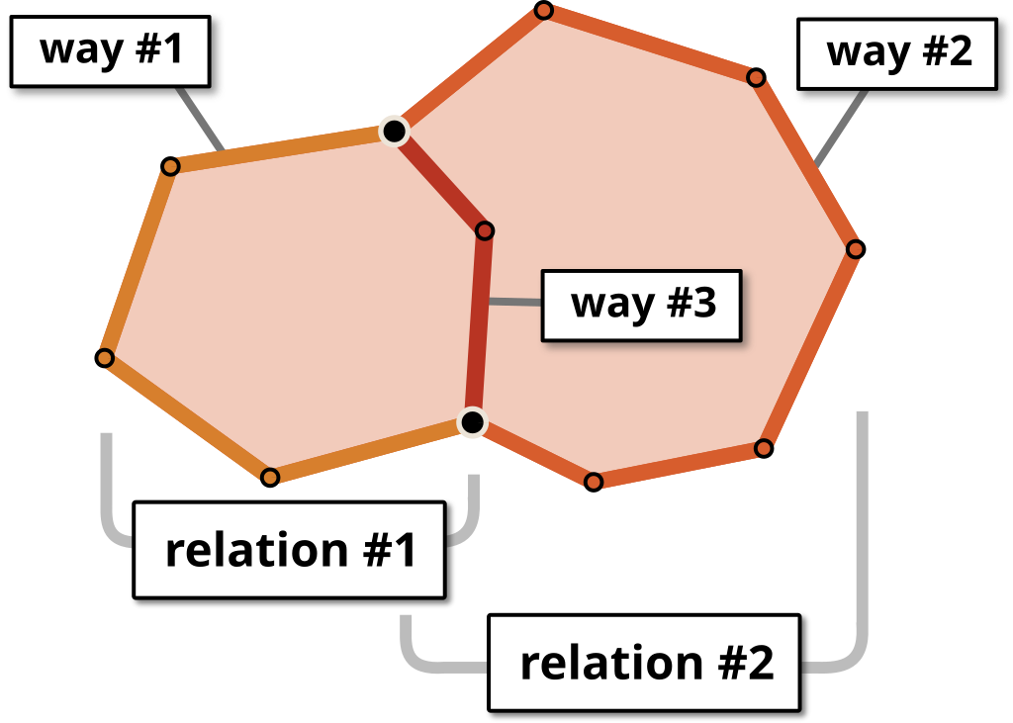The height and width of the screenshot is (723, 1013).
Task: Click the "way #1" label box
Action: click(x=110, y=49)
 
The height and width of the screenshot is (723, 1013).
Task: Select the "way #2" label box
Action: click(x=898, y=52)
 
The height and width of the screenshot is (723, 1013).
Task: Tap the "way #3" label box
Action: click(x=642, y=304)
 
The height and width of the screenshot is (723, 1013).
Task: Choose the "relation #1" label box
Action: click(x=289, y=550)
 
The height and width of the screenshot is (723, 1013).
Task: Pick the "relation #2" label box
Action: click(x=645, y=663)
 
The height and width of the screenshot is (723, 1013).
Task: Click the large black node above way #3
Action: click(x=394, y=131)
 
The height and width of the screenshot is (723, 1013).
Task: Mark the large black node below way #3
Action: click(x=473, y=423)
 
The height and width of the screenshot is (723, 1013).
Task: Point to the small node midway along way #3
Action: click(x=485, y=230)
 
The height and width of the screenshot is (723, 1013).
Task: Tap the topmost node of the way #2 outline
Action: click(x=543, y=11)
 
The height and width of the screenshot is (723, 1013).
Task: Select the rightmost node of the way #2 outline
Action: click(x=855, y=249)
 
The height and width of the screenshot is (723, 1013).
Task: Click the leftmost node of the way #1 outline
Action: click(x=106, y=358)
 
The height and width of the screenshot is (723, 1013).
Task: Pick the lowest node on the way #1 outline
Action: click(x=270, y=477)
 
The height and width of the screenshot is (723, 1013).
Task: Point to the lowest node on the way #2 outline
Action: click(x=594, y=482)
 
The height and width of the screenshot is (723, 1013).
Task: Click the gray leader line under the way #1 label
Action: click(x=199, y=119)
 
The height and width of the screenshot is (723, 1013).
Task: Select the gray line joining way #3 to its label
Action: click(x=515, y=302)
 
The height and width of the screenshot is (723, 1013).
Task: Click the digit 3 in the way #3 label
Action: click(x=703, y=303)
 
